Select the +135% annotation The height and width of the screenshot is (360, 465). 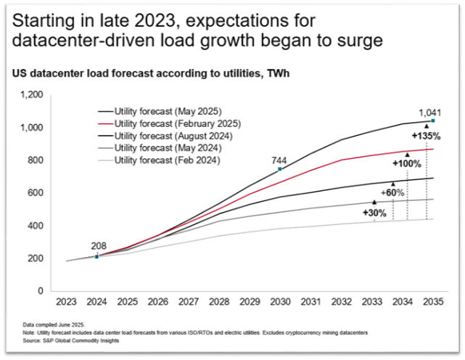(x=425, y=135)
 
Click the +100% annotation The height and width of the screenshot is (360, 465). (x=406, y=164)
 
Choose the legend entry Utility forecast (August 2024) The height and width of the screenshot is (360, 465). (x=165, y=136)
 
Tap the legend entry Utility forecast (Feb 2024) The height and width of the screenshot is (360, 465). (x=161, y=160)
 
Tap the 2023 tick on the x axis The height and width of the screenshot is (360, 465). (x=67, y=300)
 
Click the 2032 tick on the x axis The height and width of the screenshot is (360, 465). (x=342, y=300)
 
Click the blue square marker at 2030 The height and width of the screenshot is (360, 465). (x=280, y=169)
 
